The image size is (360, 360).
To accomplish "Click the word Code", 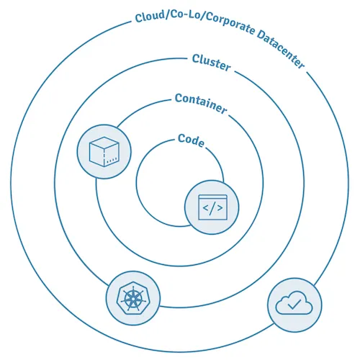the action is tap(192, 140).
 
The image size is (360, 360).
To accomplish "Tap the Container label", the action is tap(201, 104).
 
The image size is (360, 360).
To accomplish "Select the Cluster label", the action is tap(211, 63).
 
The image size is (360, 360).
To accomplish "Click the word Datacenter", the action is tap(281, 49).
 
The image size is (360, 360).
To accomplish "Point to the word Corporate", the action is tap(230, 24).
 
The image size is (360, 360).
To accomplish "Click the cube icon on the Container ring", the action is tap(104, 151).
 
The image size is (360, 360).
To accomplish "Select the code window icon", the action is tap(212, 207).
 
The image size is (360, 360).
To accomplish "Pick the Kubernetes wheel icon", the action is tap(132, 298).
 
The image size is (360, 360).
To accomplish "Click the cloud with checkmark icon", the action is tap(294, 302).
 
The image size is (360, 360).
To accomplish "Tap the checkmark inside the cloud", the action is tap(294, 304).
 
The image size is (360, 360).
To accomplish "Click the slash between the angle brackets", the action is tap(212, 209).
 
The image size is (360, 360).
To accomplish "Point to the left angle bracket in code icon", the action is tap(206, 208).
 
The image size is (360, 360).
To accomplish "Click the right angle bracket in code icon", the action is tap(220, 208).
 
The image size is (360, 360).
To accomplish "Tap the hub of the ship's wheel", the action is tap(132, 299).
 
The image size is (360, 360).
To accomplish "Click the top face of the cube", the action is tap(104, 143).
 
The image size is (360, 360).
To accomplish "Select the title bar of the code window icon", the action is tap(212, 197).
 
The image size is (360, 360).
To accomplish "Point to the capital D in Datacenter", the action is tap(262, 35).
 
